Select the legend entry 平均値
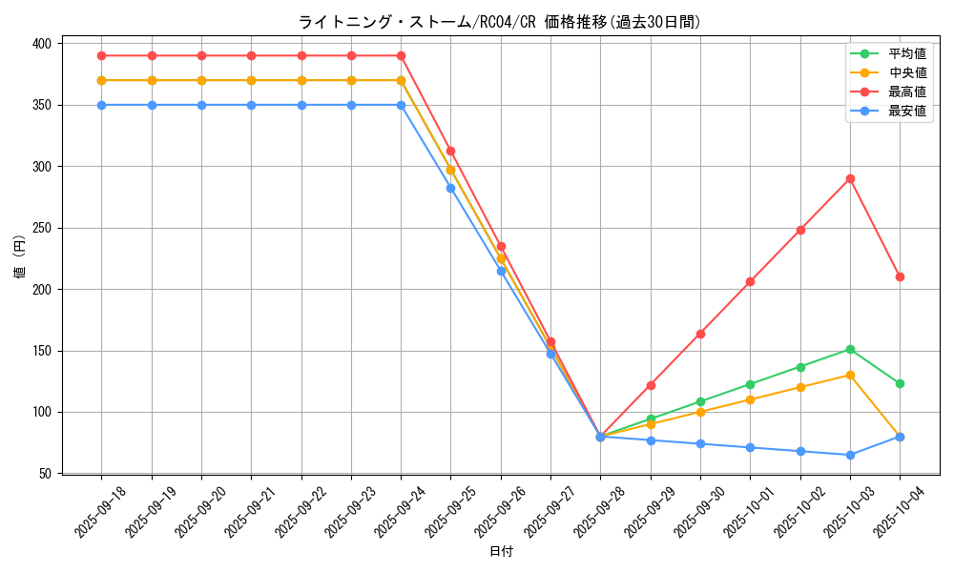pos(907,54)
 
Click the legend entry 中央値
pos(907,72)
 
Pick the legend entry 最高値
pos(907,92)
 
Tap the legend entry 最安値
pos(907,111)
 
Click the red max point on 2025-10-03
pos(850,178)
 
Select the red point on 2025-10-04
pos(900,276)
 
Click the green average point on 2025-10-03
pos(850,349)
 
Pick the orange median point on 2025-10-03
pos(850,375)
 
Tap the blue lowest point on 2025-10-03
pos(850,455)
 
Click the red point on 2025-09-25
pos(450,151)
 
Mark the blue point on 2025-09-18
pos(101,105)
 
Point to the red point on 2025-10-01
pos(750,281)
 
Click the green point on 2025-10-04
pos(900,383)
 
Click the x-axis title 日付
pos(501,552)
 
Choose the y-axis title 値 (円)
pos(20,258)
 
